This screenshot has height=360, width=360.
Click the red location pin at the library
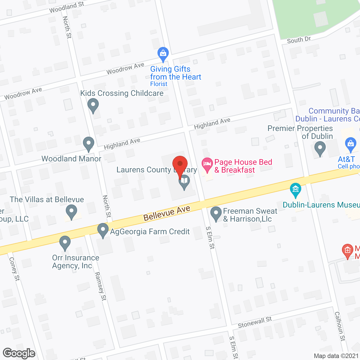pyautogui.click(x=180, y=165)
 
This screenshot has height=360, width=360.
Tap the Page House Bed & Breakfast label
pyautogui.click(x=243, y=166)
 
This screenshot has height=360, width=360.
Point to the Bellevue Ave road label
pyautogui.click(x=167, y=213)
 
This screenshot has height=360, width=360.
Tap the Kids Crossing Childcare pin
pyautogui.click(x=93, y=106)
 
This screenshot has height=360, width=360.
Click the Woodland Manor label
pyautogui.click(x=71, y=159)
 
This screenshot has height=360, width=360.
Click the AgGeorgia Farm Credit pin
pyautogui.click(x=103, y=230)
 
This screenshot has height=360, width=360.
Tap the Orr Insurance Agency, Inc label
pyautogui.click(x=76, y=262)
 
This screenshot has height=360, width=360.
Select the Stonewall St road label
pyautogui.click(x=255, y=322)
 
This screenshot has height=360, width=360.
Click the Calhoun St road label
pyautogui.click(x=340, y=326)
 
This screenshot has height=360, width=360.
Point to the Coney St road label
pyautogui.click(x=14, y=269)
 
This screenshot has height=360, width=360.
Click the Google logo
pyautogui.click(x=19, y=353)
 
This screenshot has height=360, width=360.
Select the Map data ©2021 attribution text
pyautogui.click(x=336, y=356)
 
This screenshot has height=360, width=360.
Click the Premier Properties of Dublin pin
pyautogui.click(x=320, y=148)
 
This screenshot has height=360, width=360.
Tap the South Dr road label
pyautogui.click(x=299, y=40)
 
